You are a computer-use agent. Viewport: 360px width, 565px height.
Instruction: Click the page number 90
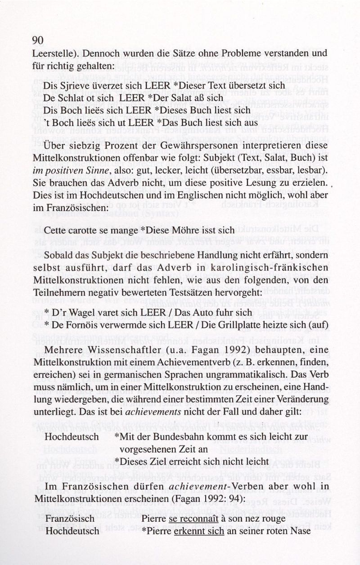point(38,40)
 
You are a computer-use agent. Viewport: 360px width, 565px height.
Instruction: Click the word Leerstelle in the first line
point(50,54)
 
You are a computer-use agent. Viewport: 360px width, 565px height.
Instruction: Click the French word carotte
point(80,230)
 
